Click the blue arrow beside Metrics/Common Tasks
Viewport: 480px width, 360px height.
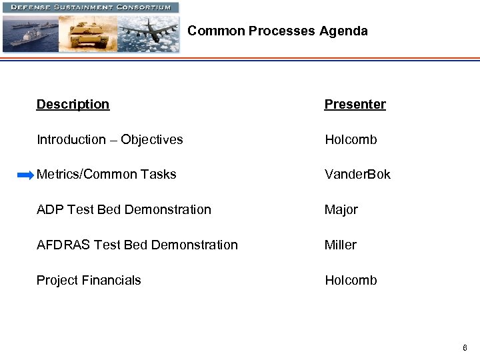[x=25, y=175]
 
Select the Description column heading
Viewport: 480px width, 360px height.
[x=73, y=104]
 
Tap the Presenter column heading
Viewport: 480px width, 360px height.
[x=355, y=104]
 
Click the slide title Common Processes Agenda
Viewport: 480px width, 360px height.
[x=277, y=31]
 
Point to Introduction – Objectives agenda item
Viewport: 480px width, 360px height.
[x=109, y=139]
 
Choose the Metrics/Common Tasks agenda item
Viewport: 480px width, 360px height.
[x=106, y=175]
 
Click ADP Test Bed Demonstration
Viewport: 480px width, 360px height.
[x=123, y=209]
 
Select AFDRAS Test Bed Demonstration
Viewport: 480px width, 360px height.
[x=137, y=245]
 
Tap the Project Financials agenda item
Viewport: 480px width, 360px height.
[x=89, y=280]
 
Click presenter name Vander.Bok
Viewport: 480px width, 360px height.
[x=357, y=175]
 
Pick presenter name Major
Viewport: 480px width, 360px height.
[x=341, y=209]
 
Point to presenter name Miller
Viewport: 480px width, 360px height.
[x=340, y=245]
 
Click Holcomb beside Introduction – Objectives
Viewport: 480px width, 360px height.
[x=351, y=139]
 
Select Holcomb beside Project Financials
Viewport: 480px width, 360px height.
[x=351, y=280]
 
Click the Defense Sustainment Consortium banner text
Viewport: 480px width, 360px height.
[x=90, y=7]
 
